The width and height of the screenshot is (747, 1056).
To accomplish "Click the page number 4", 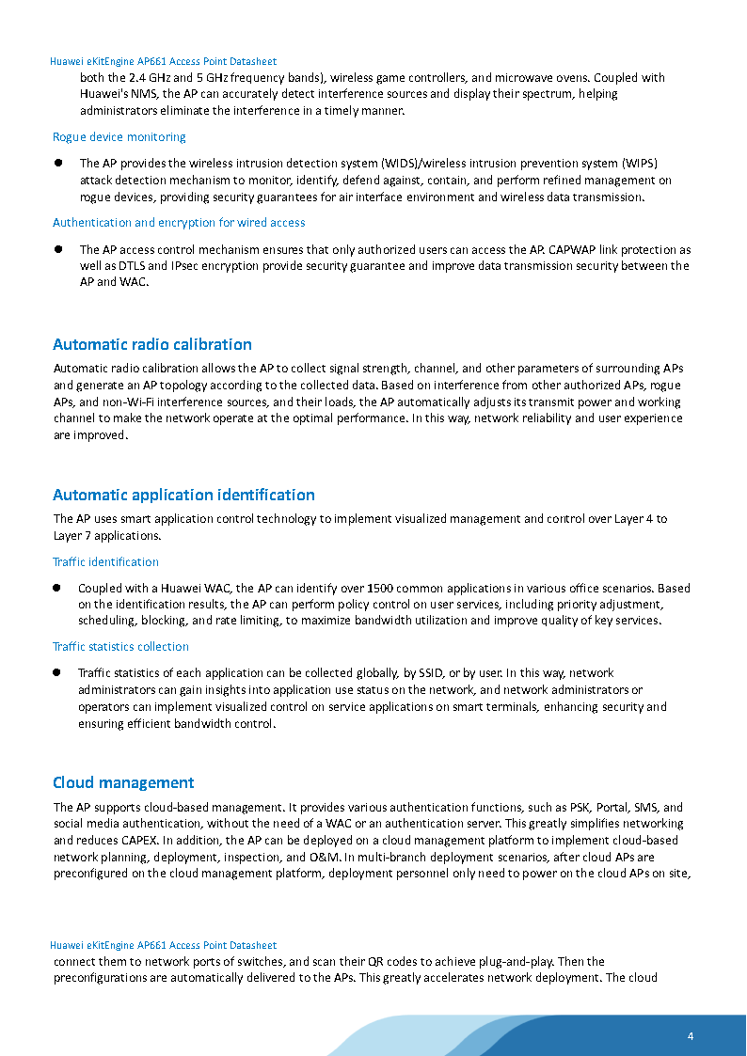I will (691, 1036).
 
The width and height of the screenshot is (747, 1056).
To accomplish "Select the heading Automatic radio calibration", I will (152, 344).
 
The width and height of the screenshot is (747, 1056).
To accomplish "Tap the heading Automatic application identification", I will (183, 495).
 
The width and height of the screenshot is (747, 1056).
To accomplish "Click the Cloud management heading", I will (123, 782).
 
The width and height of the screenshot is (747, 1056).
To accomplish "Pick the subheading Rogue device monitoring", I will (119, 137).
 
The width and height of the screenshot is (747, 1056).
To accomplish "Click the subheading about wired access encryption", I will (179, 223).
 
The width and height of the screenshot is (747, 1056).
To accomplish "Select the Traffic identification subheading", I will (105, 562).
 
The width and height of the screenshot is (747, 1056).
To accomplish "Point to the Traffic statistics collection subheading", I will (120, 647).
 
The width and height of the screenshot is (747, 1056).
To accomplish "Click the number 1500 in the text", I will (381, 589).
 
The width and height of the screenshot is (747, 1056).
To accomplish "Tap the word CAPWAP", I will (568, 250).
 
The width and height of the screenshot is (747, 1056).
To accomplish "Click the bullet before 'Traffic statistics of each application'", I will (57, 672).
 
